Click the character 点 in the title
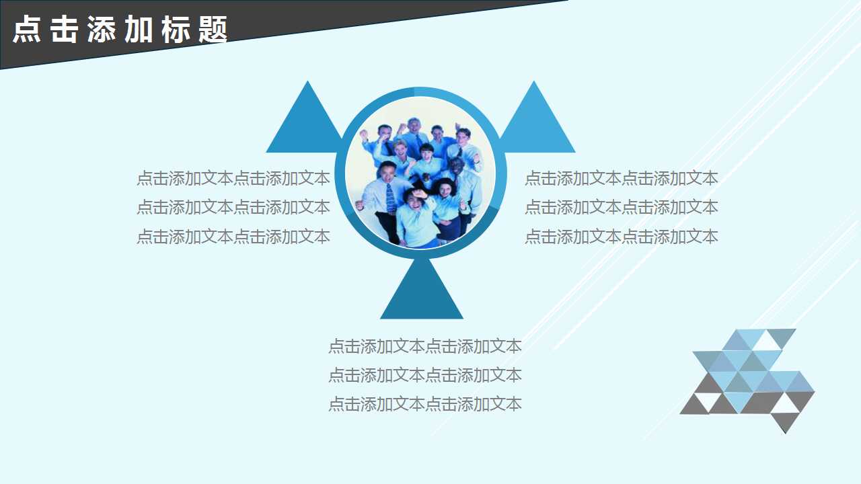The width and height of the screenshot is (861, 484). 28,30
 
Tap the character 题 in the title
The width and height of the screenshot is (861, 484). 213,30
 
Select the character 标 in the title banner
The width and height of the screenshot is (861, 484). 176,30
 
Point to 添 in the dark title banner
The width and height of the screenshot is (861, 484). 102,30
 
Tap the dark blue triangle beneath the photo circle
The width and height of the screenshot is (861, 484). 422,296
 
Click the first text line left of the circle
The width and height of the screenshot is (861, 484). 233,178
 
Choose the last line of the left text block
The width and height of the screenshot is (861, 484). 233,237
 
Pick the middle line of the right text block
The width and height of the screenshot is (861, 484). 621,207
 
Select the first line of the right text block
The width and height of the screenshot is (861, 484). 621,178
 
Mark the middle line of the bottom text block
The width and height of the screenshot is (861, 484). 424,375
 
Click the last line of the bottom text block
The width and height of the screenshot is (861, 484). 424,404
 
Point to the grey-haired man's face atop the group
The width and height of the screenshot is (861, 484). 414,127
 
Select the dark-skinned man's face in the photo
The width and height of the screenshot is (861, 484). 457,165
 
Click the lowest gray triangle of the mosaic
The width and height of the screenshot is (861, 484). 785,421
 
